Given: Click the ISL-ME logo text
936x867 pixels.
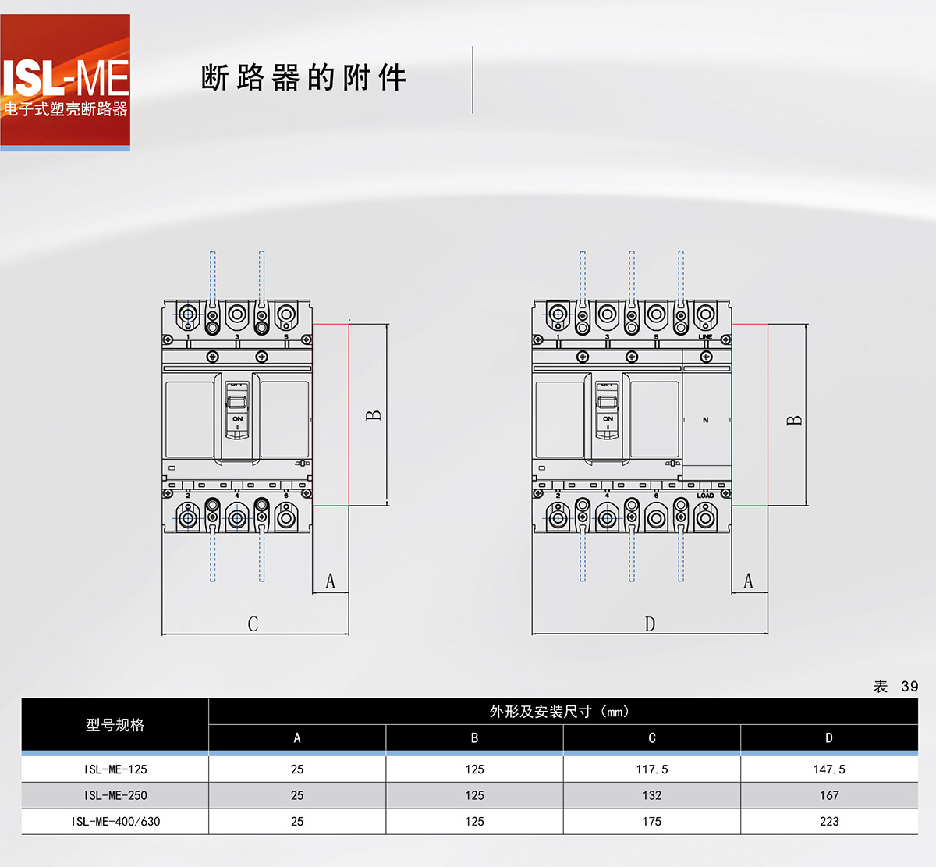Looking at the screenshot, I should pyautogui.click(x=66, y=78).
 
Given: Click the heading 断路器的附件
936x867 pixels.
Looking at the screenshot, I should pyautogui.click(x=303, y=78).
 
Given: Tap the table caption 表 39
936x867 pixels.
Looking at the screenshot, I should pyautogui.click(x=895, y=686).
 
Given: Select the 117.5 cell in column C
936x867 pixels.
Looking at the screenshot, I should pyautogui.click(x=651, y=769).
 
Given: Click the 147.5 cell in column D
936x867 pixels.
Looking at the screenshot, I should pyautogui.click(x=828, y=769).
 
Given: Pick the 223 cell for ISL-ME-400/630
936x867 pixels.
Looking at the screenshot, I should pyautogui.click(x=828, y=822).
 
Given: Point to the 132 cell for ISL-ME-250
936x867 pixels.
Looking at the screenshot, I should pyautogui.click(x=651, y=795).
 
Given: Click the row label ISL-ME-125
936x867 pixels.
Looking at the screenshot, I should pyautogui.click(x=115, y=769).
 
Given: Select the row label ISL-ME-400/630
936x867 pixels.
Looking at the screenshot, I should pyautogui.click(x=115, y=822).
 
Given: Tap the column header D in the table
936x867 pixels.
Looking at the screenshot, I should pyautogui.click(x=828, y=737).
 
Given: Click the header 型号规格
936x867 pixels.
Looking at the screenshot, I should pyautogui.click(x=115, y=725).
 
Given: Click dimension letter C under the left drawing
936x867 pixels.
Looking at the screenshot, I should pyautogui.click(x=253, y=624).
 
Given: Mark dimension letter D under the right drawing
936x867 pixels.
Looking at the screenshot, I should pyautogui.click(x=650, y=624).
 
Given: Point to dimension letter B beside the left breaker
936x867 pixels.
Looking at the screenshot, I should pyautogui.click(x=374, y=415).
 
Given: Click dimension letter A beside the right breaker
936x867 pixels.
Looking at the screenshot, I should pyautogui.click(x=749, y=581).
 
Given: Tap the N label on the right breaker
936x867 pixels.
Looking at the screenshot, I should pyautogui.click(x=706, y=420).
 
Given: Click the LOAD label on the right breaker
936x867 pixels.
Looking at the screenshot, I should pyautogui.click(x=705, y=496).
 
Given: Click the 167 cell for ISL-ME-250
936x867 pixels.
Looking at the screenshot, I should pyautogui.click(x=828, y=795).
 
